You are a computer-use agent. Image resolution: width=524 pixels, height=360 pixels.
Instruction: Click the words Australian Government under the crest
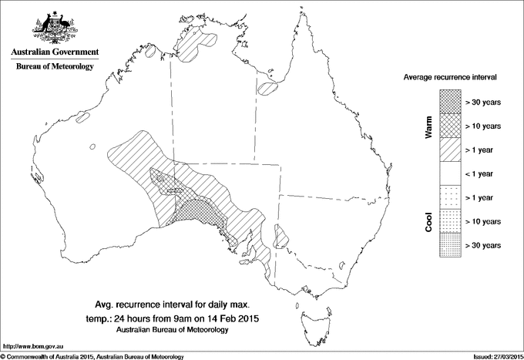tap(53, 52)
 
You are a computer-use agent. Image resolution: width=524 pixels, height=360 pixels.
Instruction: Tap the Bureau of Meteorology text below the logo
tap(53, 67)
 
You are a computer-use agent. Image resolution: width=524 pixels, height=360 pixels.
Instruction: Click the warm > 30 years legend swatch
tap(449, 101)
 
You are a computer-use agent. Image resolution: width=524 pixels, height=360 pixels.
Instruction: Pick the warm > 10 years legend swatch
tap(449, 125)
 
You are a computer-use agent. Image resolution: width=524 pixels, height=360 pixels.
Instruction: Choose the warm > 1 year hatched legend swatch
tap(449, 150)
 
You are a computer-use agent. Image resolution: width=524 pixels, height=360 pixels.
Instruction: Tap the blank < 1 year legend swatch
tap(449, 173)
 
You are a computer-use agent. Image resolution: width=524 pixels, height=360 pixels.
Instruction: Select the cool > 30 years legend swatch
tap(449, 245)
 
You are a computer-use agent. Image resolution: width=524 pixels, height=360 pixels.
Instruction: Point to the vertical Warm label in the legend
tap(429, 126)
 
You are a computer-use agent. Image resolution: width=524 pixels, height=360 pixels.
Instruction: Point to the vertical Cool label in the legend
tap(429, 222)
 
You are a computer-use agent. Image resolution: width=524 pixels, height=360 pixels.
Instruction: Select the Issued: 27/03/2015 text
tap(490, 355)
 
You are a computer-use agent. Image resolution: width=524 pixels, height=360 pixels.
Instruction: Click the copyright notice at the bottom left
tap(92, 355)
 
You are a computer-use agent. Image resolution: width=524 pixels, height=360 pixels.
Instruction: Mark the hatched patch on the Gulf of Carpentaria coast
tap(267, 88)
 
